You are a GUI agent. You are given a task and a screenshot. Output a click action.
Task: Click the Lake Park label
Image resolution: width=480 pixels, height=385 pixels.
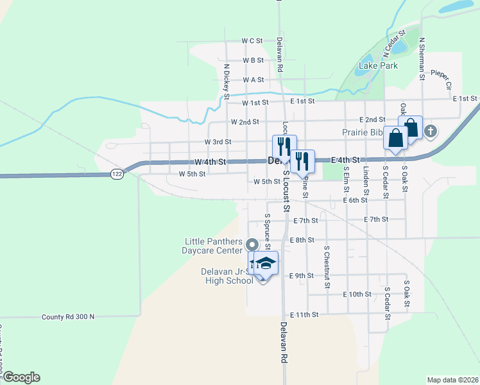tap(378, 65)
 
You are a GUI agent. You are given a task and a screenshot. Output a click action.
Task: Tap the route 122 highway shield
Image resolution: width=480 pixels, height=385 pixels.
tap(117, 173)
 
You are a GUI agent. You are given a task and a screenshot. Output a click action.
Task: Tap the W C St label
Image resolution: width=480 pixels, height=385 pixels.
tap(252, 40)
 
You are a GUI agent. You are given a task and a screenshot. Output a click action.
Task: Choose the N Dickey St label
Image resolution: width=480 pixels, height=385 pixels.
tap(227, 77)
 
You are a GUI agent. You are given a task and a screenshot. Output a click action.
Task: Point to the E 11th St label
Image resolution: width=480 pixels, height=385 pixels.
tap(304, 315)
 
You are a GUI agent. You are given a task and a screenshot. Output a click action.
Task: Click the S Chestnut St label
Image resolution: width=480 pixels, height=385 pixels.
tap(327, 265)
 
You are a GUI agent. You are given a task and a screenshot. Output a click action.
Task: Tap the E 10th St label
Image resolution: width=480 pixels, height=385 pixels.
tap(357, 294)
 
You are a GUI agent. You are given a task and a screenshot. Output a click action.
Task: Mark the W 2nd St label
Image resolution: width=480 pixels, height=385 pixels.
tap(244, 121)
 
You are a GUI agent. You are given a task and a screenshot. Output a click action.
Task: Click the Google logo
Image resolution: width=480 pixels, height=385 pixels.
tap(21, 377)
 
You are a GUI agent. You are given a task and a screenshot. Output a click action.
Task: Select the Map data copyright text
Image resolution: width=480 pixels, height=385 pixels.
tap(452, 380)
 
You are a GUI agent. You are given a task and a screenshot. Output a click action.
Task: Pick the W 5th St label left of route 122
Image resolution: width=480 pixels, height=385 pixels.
tap(192, 174)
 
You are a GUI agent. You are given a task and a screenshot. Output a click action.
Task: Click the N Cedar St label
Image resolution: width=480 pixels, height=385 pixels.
tap(395, 40)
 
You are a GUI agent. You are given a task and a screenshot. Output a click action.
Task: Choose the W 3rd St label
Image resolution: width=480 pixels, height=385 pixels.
tap(218, 141)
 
